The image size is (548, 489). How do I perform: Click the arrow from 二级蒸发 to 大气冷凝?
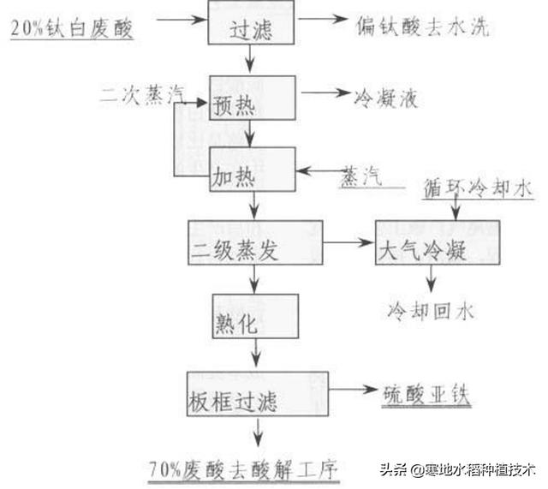(x=349, y=243)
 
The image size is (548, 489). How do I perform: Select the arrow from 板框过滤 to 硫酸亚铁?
(x=351, y=390)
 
